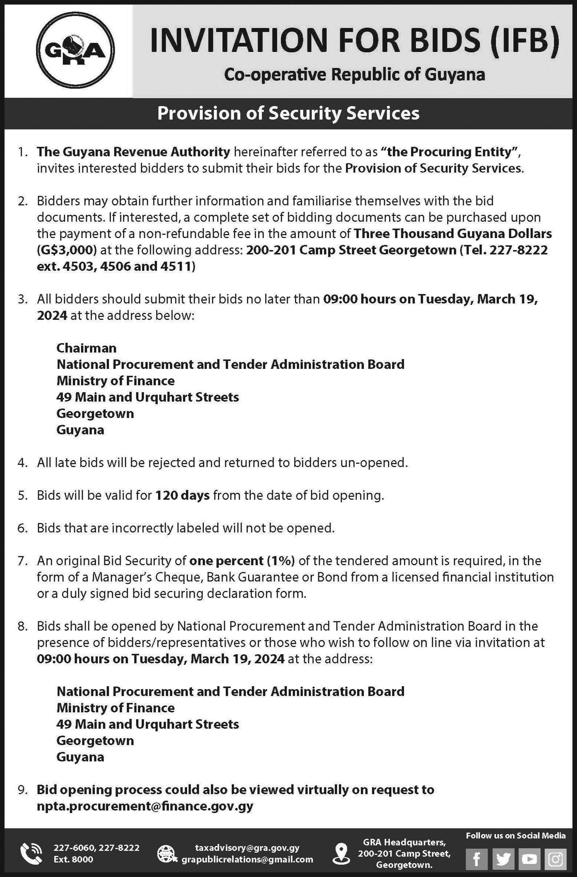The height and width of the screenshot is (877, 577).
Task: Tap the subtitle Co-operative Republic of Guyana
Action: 354,75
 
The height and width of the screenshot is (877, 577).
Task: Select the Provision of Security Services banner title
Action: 288,113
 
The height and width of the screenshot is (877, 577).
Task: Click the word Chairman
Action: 86,348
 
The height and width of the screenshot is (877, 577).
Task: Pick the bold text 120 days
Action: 182,495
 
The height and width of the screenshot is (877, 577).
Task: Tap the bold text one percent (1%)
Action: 242,560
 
